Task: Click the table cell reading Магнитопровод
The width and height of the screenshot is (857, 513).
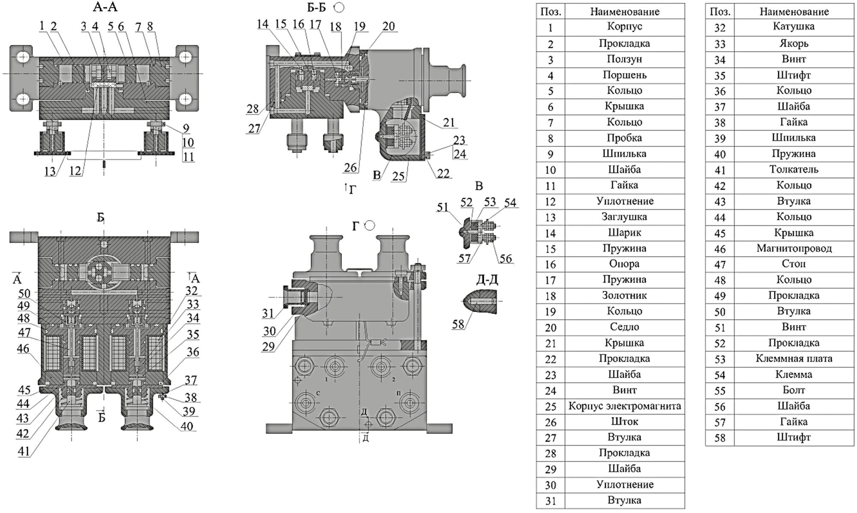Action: coord(794,248)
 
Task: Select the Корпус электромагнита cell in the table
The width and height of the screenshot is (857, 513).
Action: coord(624,406)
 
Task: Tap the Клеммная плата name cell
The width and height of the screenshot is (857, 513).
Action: coord(794,358)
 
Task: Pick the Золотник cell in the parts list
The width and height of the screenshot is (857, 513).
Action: coord(624,295)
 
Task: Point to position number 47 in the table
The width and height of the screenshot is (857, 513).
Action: coord(720,264)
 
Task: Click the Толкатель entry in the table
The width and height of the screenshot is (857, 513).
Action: coord(794,170)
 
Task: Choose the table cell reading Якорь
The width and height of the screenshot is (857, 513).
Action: coord(794,44)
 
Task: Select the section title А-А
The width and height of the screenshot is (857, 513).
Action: coord(105,7)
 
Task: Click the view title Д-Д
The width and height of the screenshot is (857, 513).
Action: coord(487,280)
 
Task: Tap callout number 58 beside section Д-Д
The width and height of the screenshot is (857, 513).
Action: coord(458,324)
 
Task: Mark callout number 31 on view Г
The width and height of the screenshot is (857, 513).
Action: coord(268,313)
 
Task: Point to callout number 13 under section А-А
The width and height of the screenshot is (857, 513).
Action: coord(50,171)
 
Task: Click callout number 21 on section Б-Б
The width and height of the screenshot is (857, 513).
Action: coord(448,123)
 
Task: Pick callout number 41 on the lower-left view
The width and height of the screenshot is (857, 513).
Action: coord(24,451)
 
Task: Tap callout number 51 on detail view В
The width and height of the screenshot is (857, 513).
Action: coord(442,207)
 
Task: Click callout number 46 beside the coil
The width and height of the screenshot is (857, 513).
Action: coord(23,349)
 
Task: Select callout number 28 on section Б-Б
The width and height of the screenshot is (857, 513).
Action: coord(252,109)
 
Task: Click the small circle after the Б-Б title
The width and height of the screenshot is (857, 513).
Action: coord(339,7)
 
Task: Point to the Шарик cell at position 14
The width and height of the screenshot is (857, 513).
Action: coord(624,233)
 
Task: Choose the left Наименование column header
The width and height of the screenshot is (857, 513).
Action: coord(624,12)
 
